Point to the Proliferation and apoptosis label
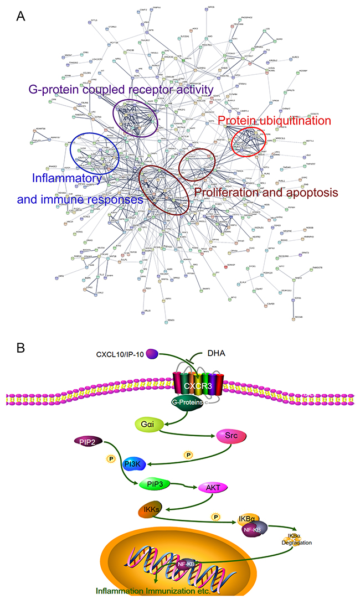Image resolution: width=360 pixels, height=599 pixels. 265,193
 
